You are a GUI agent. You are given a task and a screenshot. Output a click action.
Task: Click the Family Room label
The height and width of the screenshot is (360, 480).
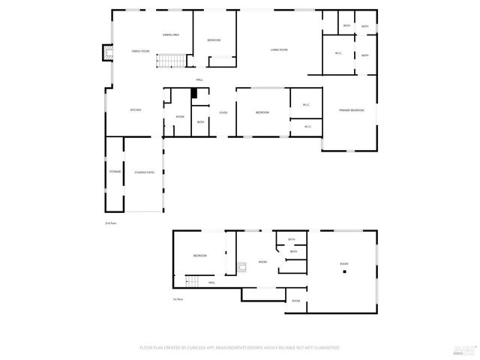[x=140, y=51]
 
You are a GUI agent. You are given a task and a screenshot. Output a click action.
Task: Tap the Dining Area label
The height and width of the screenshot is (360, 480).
[x=171, y=35]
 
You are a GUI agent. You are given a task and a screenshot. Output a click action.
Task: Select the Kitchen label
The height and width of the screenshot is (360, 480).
[x=136, y=110]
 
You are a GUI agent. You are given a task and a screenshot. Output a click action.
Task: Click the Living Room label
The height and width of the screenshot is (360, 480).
[x=279, y=50]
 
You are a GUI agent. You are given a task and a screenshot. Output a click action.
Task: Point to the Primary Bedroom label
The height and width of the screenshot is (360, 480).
[x=351, y=110]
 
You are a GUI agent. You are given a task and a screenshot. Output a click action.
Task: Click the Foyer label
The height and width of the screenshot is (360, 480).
[x=223, y=112]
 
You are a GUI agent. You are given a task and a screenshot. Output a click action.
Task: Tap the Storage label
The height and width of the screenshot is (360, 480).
[x=115, y=172]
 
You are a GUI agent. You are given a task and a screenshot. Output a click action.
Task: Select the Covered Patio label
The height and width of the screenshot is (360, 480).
[x=145, y=172]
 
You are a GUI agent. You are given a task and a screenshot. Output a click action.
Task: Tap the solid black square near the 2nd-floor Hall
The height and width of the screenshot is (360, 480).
[x=194, y=93]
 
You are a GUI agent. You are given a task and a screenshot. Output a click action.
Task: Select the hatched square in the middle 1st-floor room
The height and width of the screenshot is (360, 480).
[x=241, y=265]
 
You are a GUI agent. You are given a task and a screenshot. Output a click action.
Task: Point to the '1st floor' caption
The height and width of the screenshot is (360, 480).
[x=177, y=299]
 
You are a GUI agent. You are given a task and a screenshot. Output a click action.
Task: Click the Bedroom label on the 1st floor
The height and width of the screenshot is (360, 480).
[x=199, y=256]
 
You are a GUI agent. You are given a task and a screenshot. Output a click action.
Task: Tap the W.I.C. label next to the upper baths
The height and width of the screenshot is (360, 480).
[x=338, y=52]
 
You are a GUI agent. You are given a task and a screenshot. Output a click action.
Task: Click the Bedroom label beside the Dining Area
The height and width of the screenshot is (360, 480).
[x=214, y=40]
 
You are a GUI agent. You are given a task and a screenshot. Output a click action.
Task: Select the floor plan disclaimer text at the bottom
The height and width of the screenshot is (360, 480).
[x=240, y=348]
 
